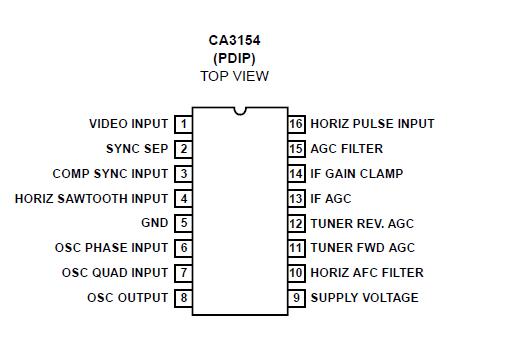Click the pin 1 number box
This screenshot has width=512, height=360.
[x=183, y=124]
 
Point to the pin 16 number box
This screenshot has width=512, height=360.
[x=296, y=124]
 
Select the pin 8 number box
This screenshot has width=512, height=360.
[x=183, y=298]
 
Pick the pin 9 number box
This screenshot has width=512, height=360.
[x=296, y=298]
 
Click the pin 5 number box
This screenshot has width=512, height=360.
[x=183, y=223]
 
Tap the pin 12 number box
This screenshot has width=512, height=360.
[x=296, y=223]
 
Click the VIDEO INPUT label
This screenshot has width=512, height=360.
[x=128, y=124]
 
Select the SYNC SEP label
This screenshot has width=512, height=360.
[x=137, y=149]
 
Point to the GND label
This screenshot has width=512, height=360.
[x=155, y=223]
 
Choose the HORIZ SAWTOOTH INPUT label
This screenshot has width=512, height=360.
[x=91, y=198]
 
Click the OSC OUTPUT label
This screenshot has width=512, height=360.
[x=127, y=298]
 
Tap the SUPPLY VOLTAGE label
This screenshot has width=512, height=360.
[x=364, y=298]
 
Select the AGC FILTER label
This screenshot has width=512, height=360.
[x=346, y=149]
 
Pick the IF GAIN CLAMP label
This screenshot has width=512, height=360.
[x=356, y=173]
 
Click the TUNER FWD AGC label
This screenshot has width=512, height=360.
[x=362, y=248]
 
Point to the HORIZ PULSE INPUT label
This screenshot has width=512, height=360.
[x=372, y=124]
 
